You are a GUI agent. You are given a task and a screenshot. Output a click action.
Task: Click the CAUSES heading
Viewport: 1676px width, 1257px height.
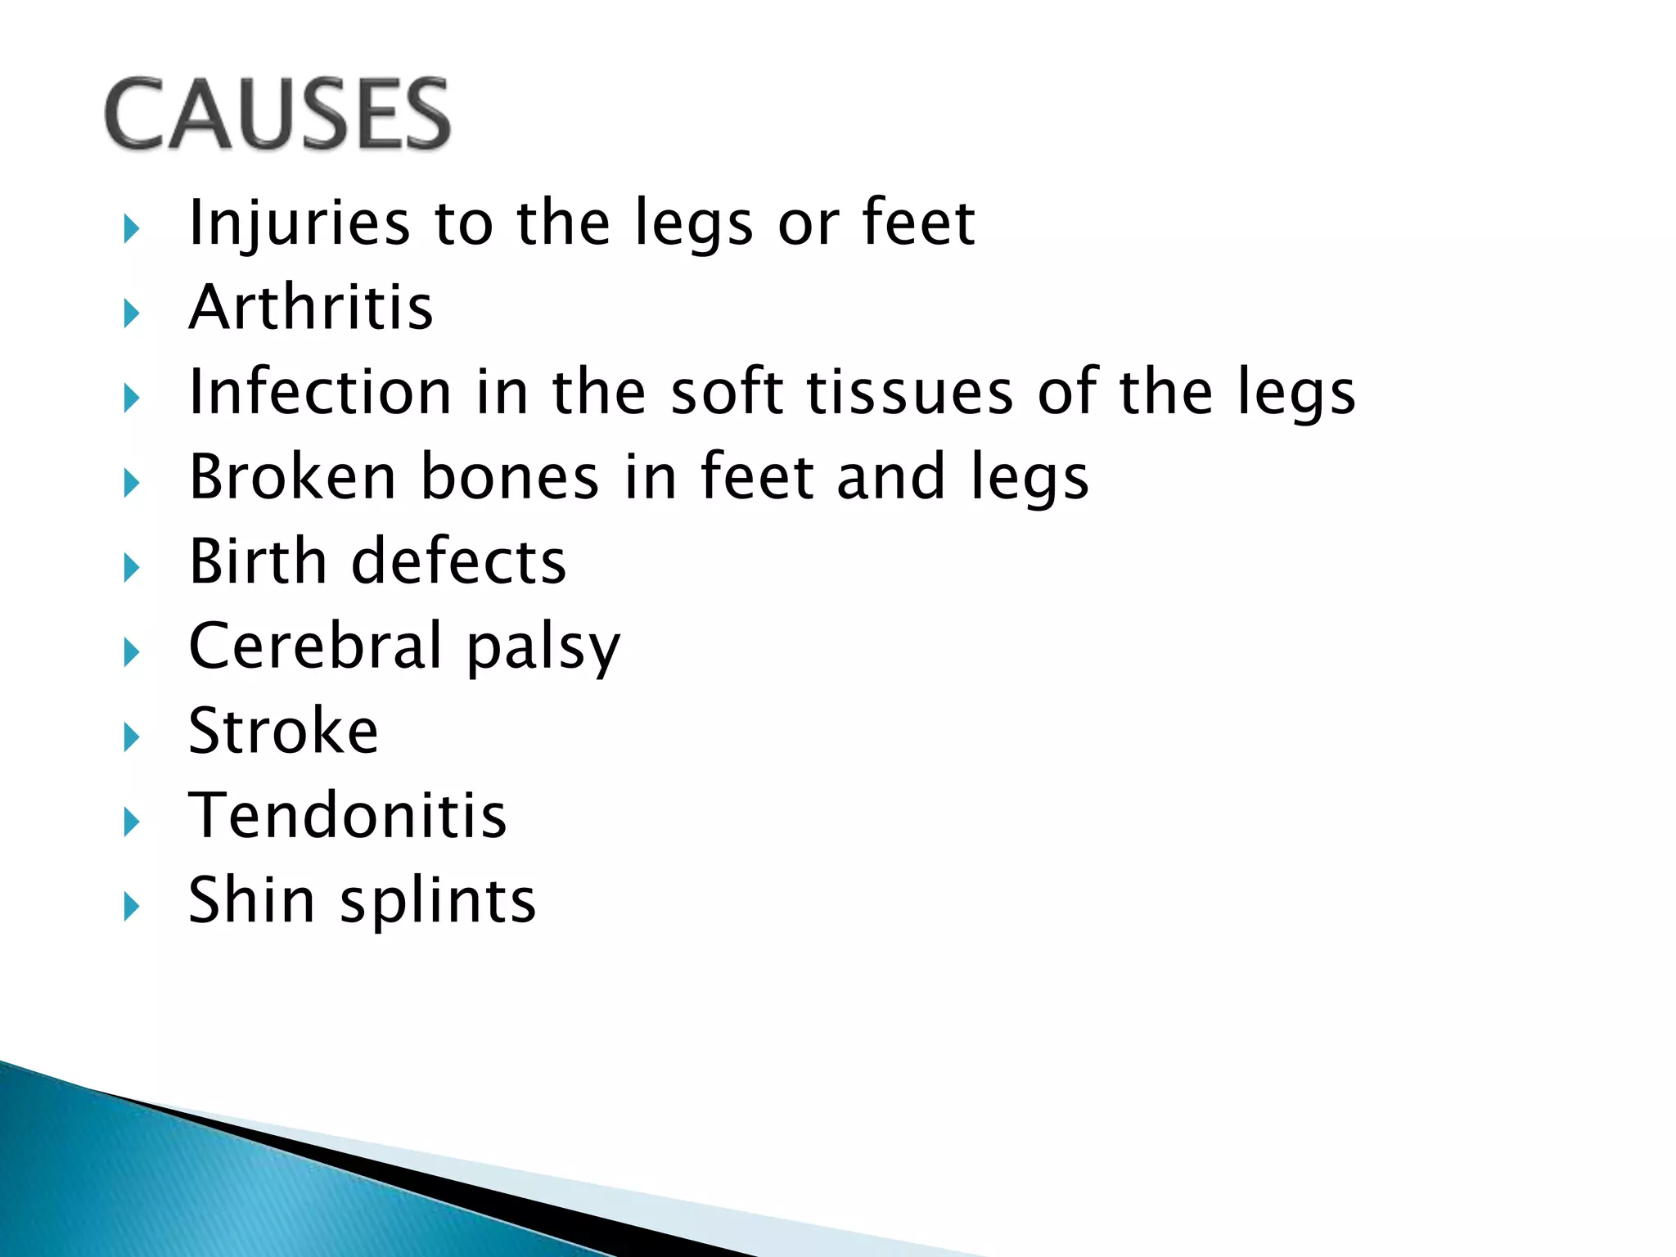point(277,114)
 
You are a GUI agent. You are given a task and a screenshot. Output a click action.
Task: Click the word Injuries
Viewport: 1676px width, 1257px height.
point(299,223)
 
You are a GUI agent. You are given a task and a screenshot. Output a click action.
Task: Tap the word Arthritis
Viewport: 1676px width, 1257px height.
point(311,307)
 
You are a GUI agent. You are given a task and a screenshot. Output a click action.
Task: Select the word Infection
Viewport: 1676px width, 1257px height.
point(320,392)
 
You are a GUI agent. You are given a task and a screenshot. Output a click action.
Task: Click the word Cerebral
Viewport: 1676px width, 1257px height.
point(316,646)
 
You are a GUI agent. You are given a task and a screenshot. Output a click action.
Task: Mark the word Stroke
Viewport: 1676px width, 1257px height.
point(283,731)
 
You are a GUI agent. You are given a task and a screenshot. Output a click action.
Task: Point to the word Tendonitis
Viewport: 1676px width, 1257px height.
point(348,816)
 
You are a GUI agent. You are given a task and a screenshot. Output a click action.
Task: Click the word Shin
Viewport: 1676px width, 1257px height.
point(252,900)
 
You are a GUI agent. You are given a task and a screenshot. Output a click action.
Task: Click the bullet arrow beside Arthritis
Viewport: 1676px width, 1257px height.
point(131,313)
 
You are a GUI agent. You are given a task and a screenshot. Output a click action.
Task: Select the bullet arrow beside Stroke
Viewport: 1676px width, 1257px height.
point(131,737)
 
